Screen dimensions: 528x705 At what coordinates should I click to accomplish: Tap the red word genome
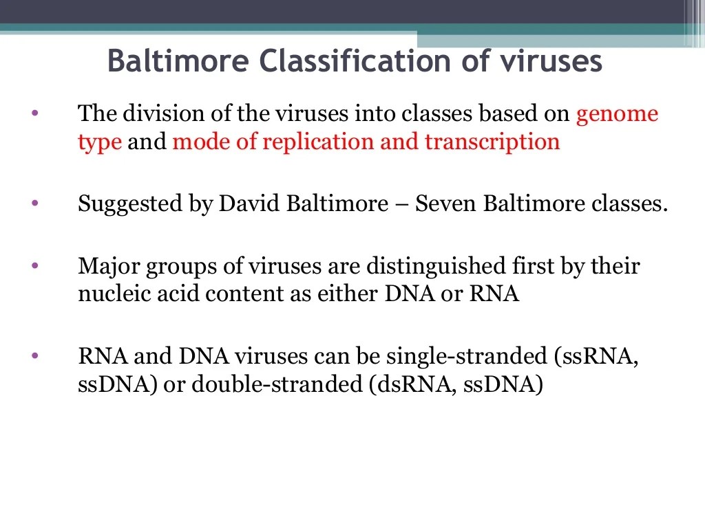click(x=617, y=113)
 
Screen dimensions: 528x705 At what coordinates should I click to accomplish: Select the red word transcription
click(x=492, y=142)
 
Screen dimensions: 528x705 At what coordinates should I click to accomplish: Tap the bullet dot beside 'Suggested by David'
click(x=35, y=203)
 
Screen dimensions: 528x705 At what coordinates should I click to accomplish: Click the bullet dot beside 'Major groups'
click(x=35, y=265)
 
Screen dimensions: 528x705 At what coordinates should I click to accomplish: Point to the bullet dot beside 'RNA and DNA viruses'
click(x=35, y=356)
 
